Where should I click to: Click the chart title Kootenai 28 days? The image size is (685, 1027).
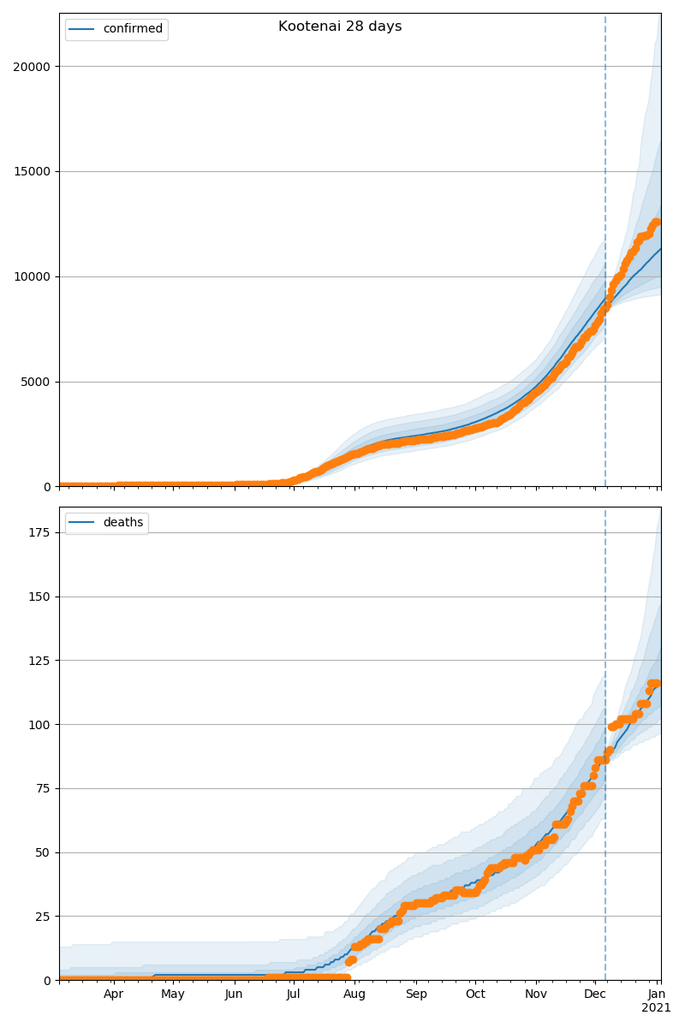coord(340,27)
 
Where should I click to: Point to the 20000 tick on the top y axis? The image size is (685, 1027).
coord(32,67)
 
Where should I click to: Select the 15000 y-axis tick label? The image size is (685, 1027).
coord(32,171)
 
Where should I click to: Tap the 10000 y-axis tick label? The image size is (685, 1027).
coord(32,276)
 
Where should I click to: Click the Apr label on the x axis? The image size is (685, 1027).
coord(114,994)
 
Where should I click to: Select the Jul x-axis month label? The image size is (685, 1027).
coord(294,994)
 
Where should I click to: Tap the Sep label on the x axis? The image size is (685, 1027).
coord(416,994)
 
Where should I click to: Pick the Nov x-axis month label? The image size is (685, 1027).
coord(536,994)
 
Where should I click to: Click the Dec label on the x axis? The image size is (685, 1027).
coord(595,994)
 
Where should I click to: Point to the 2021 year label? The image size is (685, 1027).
coord(657,1008)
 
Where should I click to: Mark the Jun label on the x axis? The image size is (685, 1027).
coord(234,994)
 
